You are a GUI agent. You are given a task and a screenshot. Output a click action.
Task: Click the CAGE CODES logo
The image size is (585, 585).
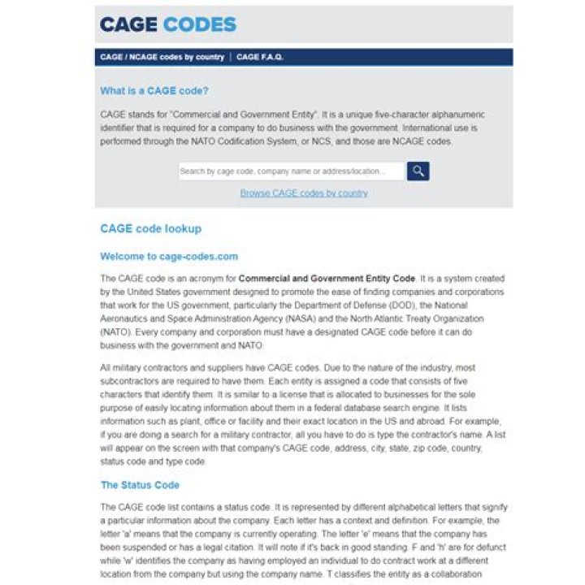click(167, 24)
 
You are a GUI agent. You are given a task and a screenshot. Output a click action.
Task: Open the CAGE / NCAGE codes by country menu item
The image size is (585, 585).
click(162, 58)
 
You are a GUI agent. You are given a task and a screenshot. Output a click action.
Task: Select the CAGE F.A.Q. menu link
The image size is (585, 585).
click(260, 58)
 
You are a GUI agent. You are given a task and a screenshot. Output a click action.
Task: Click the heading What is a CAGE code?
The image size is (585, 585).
click(154, 91)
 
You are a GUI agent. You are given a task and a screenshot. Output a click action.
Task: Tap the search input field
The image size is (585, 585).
click(291, 171)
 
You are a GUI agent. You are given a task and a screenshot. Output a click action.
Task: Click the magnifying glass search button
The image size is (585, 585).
click(418, 171)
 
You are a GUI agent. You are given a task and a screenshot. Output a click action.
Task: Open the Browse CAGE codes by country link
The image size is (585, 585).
click(304, 193)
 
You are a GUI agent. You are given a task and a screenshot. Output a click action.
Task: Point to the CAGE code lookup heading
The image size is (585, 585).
click(150, 229)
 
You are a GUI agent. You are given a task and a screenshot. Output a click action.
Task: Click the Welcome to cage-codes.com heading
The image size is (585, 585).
click(169, 256)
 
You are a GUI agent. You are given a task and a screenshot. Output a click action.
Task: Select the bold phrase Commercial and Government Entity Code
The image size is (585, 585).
click(327, 279)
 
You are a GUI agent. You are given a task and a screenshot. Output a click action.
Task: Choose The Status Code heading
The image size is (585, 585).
click(140, 485)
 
